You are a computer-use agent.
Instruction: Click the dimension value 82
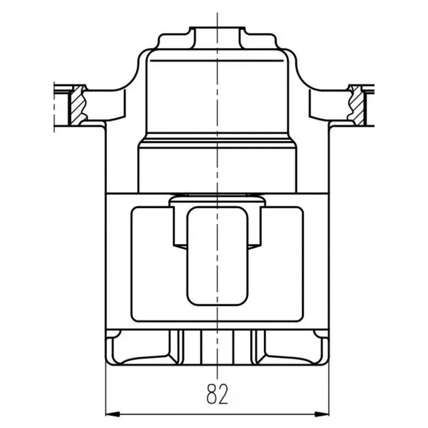217,394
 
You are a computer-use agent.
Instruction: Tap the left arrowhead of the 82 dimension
112,414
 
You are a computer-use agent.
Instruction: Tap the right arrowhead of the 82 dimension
322,414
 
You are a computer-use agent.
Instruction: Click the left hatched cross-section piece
78,105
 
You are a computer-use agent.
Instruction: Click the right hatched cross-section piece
357,105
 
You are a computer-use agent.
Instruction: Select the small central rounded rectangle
218,256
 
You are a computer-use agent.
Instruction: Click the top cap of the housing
217,37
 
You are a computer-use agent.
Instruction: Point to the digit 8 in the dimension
212,394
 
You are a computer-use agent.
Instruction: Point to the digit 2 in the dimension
223,394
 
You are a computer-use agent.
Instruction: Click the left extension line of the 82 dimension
105,391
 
